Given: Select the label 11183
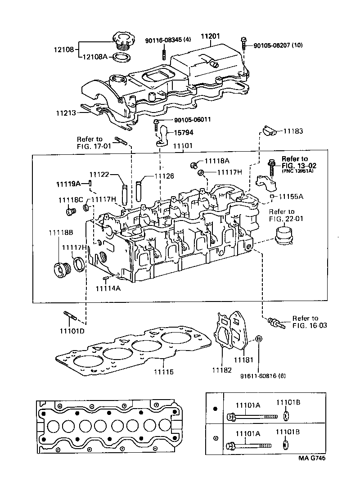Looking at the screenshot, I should tap(292, 131).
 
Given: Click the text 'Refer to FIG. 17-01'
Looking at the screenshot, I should tap(90, 142).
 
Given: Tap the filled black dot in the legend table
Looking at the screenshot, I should tap(215, 408).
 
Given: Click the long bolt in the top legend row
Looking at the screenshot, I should tap(250, 416).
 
